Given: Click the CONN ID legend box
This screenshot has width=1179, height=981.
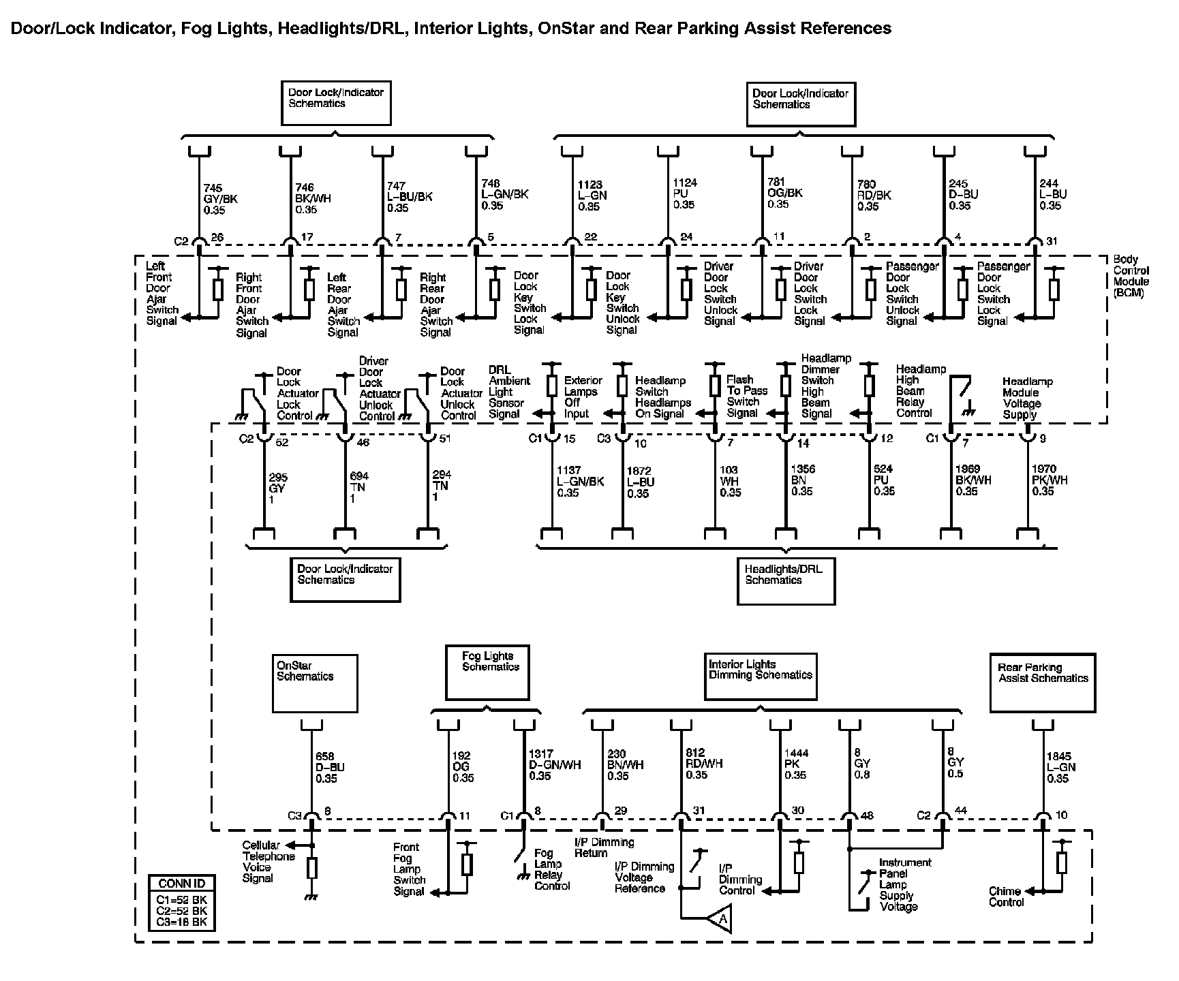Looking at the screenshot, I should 182,903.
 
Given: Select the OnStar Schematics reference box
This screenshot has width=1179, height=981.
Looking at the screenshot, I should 315,683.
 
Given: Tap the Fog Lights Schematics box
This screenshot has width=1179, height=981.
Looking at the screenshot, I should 487,672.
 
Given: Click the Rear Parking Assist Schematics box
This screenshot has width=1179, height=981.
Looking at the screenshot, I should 1042,683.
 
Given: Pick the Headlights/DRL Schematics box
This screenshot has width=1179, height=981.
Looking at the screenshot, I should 786,580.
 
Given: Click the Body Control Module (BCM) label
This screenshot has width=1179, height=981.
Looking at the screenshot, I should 1131,276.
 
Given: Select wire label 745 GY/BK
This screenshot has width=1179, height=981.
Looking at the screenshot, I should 219,198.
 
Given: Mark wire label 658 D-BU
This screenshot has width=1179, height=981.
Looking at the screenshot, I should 330,767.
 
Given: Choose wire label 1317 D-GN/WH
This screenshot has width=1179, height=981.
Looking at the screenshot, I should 554,765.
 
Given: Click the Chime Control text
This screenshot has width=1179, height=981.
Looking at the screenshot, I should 1006,897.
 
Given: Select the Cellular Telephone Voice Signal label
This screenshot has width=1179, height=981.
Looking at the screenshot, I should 268,862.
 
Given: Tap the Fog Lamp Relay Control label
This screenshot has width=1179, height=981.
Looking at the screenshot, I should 551,869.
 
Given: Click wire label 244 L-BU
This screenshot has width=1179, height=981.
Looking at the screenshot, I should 1052,194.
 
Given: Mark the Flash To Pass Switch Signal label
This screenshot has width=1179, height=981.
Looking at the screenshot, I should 746,396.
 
